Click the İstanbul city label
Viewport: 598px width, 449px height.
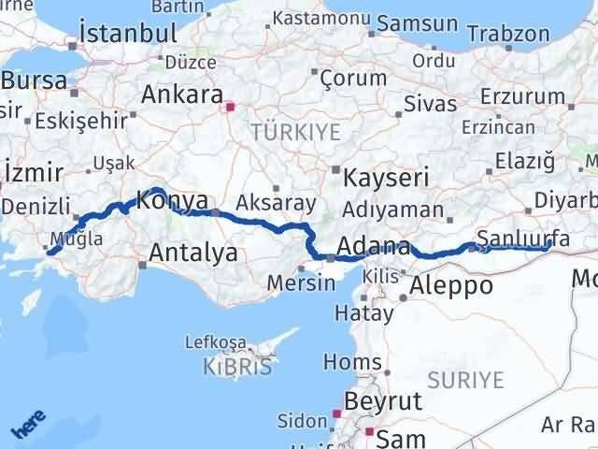pos(128,33)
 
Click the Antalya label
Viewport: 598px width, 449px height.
pos(193,253)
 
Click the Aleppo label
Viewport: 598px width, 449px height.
pos(451,286)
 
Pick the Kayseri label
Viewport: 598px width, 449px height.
pos(386,177)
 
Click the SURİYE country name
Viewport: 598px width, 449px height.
pos(464,380)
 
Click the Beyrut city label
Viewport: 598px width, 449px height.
pos(384,400)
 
